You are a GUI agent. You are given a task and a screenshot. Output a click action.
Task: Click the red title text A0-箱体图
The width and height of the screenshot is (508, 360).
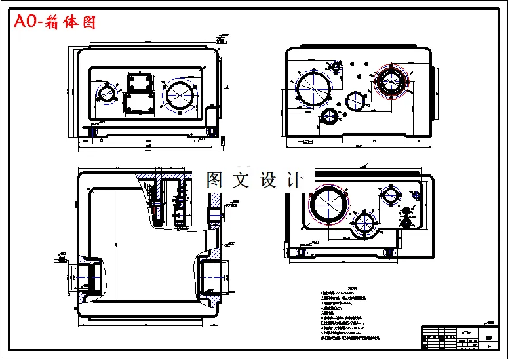(x=55, y=22)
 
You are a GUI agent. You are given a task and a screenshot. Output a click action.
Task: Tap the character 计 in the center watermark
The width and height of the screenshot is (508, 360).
(x=295, y=180)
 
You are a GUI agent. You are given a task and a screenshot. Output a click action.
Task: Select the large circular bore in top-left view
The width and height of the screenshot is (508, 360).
(x=180, y=94)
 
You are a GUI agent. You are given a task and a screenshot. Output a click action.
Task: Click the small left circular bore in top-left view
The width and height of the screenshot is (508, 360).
(x=106, y=92)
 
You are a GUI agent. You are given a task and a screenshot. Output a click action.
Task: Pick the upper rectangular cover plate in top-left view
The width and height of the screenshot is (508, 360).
(x=140, y=83)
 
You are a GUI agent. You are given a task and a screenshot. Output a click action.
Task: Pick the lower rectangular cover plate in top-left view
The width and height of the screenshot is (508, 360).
(x=138, y=104)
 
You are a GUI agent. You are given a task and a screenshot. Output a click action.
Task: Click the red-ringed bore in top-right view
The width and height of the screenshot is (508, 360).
(x=392, y=83)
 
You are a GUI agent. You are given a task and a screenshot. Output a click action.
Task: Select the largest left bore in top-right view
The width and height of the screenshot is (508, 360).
(x=313, y=88)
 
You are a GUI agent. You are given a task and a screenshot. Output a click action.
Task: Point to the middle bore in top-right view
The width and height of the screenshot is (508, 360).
(x=357, y=101)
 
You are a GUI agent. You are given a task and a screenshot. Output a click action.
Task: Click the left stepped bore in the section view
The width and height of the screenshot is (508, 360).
(x=88, y=276)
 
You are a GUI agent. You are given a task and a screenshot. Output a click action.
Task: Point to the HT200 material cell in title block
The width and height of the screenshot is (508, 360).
(x=467, y=332)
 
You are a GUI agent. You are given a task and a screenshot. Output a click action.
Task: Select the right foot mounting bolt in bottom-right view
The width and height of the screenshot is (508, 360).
(x=389, y=251)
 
